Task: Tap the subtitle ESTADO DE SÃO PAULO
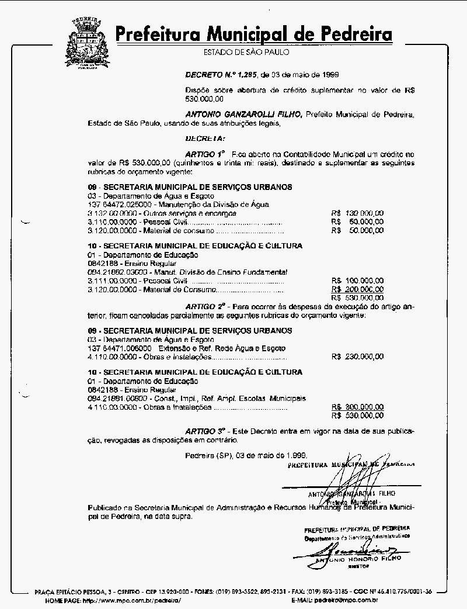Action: pos(246,53)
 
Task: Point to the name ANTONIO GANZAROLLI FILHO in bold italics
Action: pos(243,115)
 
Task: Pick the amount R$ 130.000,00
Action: pos(357,213)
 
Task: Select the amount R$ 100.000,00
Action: pos(357,281)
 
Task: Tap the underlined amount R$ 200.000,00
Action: pos(357,289)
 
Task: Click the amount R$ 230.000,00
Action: pos(357,356)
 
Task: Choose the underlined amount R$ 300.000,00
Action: pos(357,407)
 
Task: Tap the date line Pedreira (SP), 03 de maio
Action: pos(245,455)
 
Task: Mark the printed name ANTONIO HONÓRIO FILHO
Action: pos(357,559)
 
